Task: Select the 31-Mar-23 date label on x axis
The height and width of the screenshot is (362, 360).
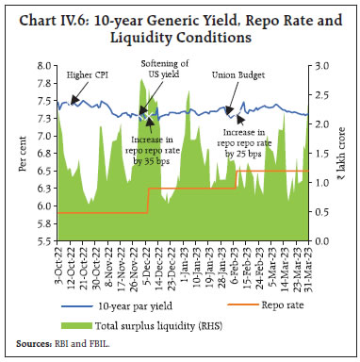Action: [x=306, y=270]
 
